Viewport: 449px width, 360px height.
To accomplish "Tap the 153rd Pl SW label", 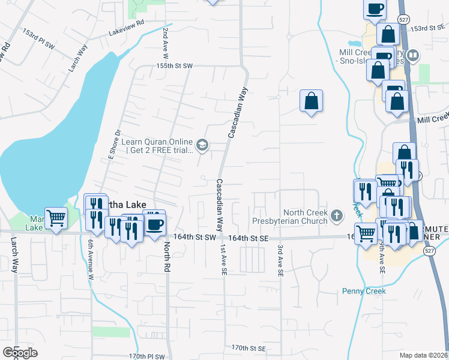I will [x=38, y=37].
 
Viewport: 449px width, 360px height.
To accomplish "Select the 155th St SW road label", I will [x=174, y=65].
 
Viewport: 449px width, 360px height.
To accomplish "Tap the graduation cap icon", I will [x=202, y=145].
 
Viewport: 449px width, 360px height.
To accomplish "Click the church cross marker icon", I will [x=337, y=215].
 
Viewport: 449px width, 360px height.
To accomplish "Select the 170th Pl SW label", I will [x=146, y=356].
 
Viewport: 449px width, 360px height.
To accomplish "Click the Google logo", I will [x=20, y=353].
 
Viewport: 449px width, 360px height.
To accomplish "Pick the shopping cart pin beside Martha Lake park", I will [x=56, y=218].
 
